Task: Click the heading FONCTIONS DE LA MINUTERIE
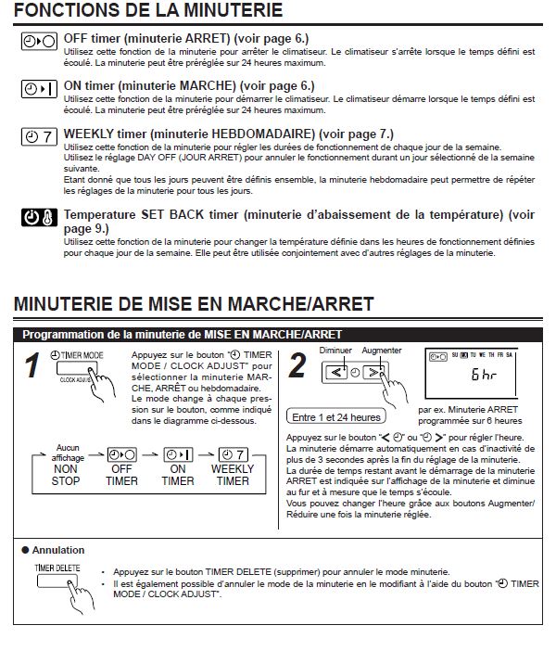click(149, 12)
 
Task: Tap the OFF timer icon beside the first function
click(39, 42)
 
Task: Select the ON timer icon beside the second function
click(39, 89)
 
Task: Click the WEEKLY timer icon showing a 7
click(39, 136)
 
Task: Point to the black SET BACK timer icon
click(39, 218)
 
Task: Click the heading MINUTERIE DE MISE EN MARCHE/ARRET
click(194, 304)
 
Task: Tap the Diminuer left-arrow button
click(335, 373)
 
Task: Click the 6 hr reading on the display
click(483, 376)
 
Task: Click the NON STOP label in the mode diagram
click(66, 475)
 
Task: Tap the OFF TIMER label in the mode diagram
click(121, 475)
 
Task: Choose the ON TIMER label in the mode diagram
click(178, 475)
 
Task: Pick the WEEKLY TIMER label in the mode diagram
click(233, 475)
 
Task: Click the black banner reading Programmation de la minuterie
click(182, 334)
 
